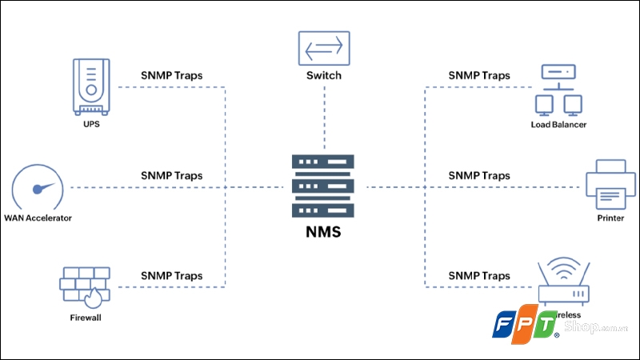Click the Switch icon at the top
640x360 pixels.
323,47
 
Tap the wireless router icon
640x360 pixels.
563,283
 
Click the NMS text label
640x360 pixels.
324,234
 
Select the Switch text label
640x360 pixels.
323,75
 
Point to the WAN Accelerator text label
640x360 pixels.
38,218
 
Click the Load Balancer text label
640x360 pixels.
558,125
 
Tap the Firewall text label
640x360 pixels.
86,318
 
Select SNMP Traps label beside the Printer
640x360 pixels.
478,175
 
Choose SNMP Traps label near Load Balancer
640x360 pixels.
478,76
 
